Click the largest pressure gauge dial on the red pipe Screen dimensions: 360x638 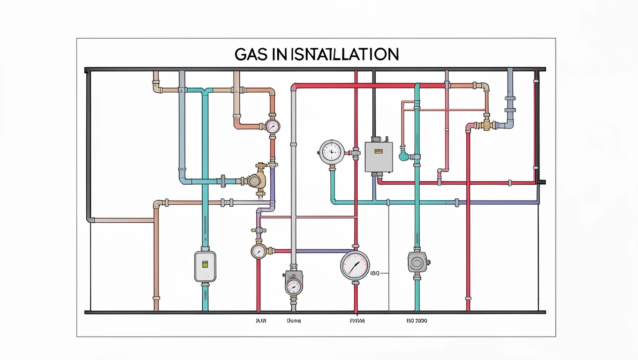point(355,266)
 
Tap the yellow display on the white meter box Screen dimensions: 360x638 point(205,264)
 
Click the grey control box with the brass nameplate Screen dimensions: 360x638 point(378,156)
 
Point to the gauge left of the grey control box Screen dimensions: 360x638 point(332,151)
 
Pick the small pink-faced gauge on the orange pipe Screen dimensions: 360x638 point(272,126)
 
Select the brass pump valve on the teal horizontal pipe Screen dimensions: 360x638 point(256,180)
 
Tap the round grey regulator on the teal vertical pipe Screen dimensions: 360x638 point(417,262)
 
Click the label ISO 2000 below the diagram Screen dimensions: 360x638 point(417,322)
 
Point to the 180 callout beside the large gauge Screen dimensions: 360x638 point(375,273)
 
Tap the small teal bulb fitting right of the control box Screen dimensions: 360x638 point(403,156)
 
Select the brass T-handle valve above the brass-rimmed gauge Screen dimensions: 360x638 point(258,230)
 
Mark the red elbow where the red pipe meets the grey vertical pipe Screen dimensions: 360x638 point(295,87)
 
